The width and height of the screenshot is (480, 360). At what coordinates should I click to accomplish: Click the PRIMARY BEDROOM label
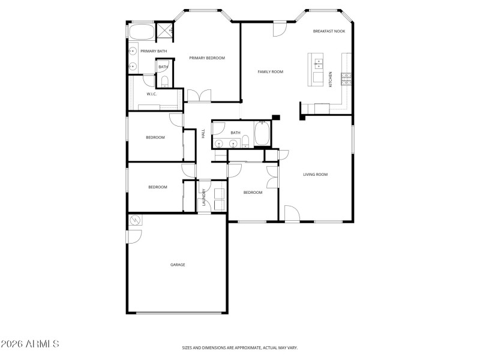(207, 58)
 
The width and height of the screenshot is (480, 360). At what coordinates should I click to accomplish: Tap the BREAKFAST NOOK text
(328, 31)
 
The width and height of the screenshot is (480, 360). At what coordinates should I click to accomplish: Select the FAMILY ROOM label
(270, 72)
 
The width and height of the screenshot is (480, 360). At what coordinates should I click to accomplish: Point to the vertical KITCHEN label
(331, 79)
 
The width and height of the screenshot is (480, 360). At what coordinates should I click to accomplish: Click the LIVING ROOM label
(315, 175)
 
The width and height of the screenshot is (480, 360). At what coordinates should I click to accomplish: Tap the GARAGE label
(178, 265)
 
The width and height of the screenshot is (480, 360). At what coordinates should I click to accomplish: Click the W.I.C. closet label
(152, 94)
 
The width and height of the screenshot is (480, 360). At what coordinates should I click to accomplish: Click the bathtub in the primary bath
(142, 32)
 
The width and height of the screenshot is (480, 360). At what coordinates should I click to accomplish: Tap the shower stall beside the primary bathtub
(165, 30)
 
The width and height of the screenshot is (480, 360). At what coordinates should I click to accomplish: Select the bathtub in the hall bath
(262, 133)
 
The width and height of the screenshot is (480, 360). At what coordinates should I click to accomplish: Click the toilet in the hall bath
(246, 142)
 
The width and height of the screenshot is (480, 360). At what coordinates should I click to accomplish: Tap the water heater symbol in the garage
(134, 221)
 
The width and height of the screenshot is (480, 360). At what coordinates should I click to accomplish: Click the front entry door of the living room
(292, 214)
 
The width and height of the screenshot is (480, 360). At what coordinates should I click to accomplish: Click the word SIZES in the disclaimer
(188, 347)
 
